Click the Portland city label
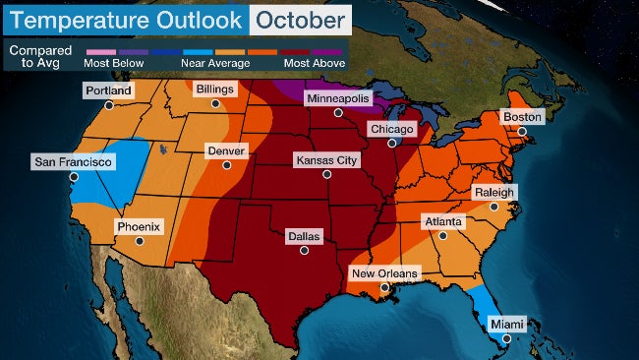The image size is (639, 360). [108, 90]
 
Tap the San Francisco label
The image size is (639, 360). [73, 161]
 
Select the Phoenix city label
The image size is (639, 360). [139, 226]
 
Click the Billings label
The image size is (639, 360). [215, 89]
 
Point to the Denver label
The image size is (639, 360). [224, 151]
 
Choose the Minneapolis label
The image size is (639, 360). [337, 99]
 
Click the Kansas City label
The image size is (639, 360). [327, 159]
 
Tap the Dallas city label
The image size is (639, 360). [303, 236]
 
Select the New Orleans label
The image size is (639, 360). [383, 272]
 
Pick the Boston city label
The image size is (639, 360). [522, 116]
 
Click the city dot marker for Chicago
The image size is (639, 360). [398, 144]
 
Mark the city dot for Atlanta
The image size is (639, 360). [442, 236]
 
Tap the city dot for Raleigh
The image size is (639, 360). [494, 207]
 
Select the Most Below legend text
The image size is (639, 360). [114, 63]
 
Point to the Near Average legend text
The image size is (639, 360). [214, 63]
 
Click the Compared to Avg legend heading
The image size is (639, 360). [34, 55]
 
